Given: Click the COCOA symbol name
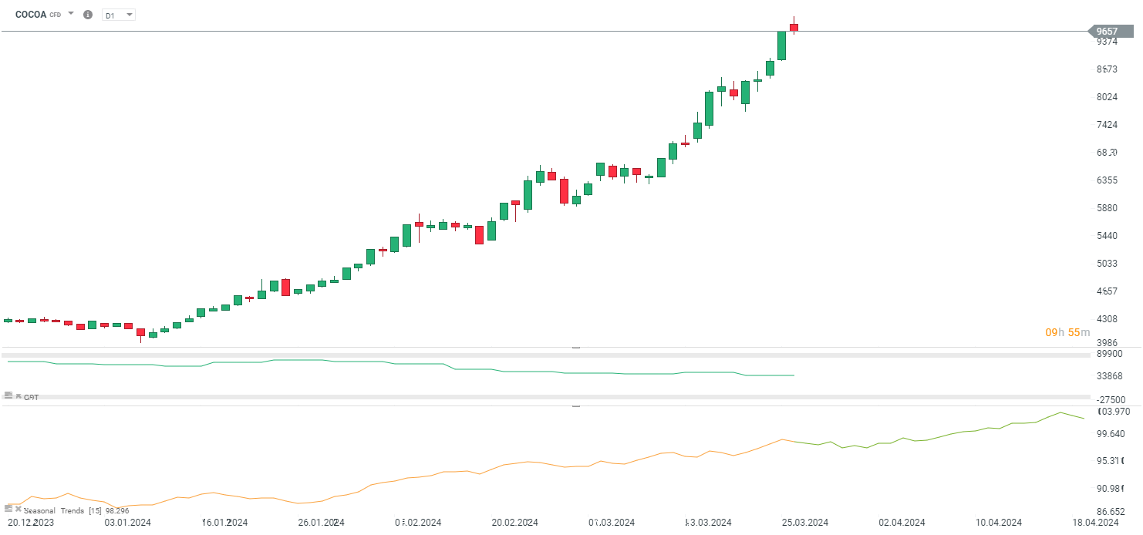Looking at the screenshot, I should click(31, 15).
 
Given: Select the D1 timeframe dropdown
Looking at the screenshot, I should click(118, 15).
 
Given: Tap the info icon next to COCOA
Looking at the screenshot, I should click(87, 15).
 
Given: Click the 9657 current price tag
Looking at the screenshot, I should click(1108, 32).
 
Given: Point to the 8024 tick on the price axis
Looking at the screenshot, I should click(1108, 97).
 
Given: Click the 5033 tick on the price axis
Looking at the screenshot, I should click(1108, 264).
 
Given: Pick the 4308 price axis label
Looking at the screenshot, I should click(1108, 319).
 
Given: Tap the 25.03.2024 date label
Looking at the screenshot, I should click(805, 523).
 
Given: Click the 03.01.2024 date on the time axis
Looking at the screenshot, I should click(128, 523).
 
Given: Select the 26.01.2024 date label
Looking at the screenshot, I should click(321, 523).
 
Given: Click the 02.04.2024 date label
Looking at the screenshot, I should click(901, 523).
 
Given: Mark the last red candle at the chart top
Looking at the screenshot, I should click(794, 28).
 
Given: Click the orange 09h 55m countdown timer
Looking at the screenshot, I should click(1067, 332).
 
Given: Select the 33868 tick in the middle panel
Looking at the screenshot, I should click(1111, 376).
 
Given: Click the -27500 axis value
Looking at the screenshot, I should click(1111, 400).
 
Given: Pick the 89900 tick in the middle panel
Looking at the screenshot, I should click(1111, 354).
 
